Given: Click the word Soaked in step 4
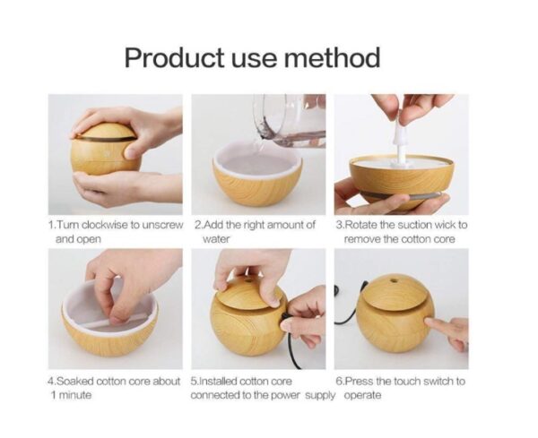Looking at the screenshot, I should [x=77, y=382].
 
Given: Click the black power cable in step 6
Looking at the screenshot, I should [x=346, y=310].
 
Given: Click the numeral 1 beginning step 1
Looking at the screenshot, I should [x=50, y=225].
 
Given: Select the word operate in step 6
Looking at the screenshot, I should [x=362, y=395].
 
